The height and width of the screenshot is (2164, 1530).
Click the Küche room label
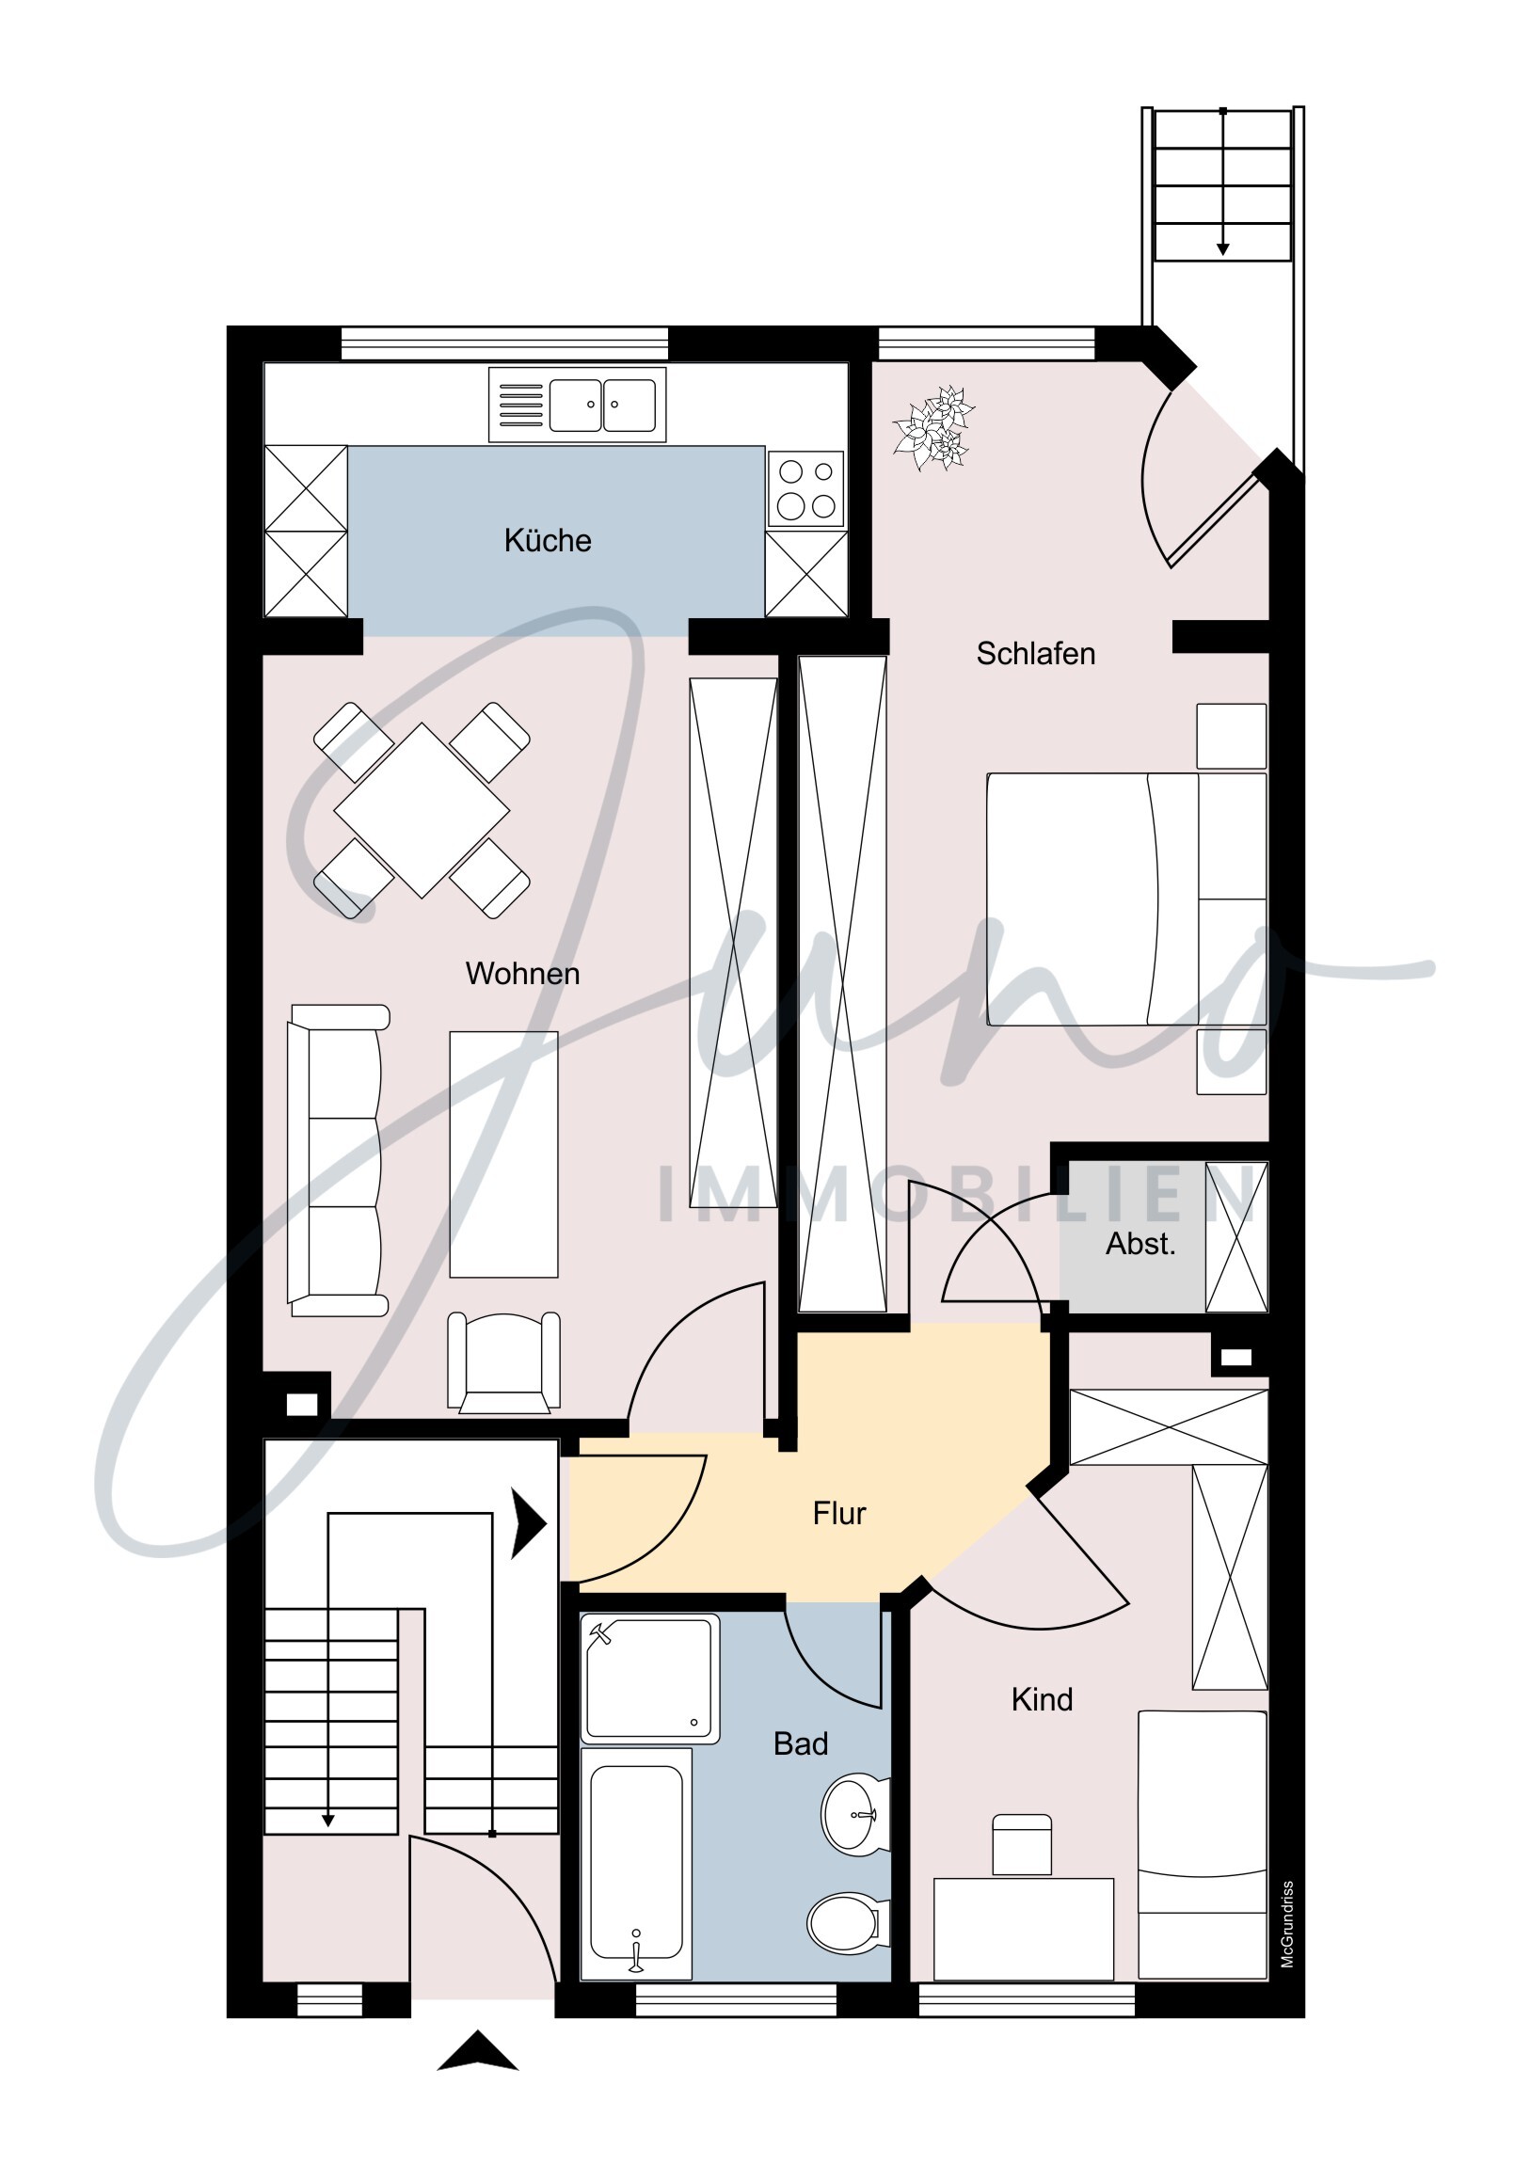tap(548, 540)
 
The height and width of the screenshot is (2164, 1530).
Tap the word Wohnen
tap(522, 974)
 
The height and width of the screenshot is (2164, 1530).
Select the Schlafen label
tap(1035, 653)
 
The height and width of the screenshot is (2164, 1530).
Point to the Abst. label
tap(1140, 1243)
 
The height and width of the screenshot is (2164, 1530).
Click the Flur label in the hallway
tap(839, 1513)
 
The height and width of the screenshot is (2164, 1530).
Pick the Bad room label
tap(801, 1743)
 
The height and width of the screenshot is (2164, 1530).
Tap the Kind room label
tap(1042, 1699)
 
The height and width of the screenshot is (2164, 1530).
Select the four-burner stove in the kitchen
tap(805, 488)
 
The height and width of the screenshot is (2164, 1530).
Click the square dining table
tap(422, 810)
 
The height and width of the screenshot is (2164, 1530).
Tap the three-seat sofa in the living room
tap(338, 1160)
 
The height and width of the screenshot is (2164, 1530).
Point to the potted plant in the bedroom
tap(933, 428)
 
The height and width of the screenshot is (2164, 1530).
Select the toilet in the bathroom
tap(847, 1923)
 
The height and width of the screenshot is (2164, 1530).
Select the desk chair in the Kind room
tap(1022, 1843)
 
